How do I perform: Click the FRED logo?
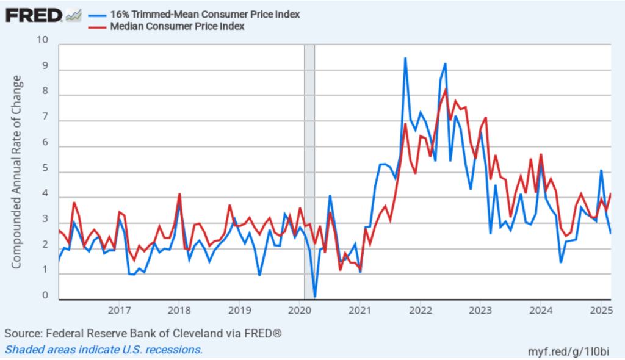34,15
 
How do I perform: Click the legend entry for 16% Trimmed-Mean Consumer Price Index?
204,15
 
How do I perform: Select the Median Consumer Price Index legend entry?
177,26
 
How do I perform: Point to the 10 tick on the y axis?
42,40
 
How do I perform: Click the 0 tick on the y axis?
45,296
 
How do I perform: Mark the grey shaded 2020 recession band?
309,171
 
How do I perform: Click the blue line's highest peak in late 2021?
405,59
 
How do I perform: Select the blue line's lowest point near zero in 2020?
315,296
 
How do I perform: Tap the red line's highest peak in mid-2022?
446,90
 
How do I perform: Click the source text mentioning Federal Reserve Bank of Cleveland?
143,334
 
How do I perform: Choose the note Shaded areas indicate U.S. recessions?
104,350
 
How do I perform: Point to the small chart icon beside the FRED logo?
74,15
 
